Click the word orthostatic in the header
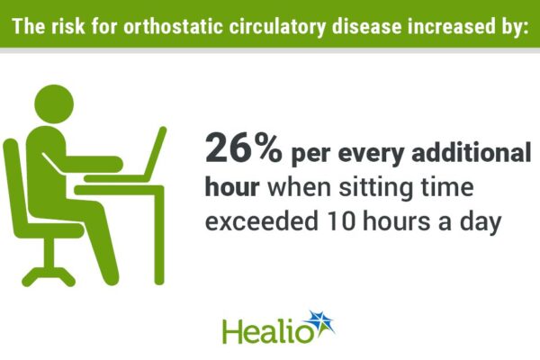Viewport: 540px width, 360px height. (x=173, y=26)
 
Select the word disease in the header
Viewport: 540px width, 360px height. (x=367, y=26)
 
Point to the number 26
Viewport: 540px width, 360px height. (x=229, y=148)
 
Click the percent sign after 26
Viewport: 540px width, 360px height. (x=270, y=148)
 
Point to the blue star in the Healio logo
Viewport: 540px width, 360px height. (x=321, y=323)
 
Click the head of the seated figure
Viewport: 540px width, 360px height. (x=54, y=103)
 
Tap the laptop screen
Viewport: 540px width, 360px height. (x=156, y=151)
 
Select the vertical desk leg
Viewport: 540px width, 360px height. (x=159, y=237)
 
